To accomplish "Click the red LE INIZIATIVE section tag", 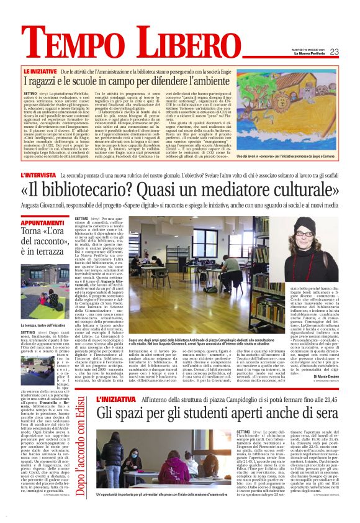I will [58, 72].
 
